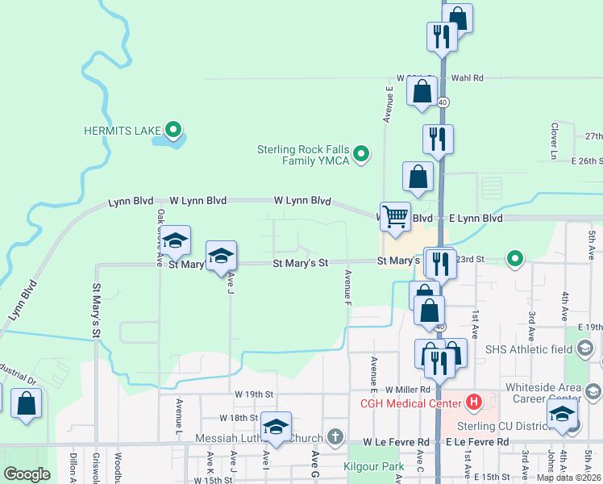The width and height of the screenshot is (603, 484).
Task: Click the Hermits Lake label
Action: (122, 130)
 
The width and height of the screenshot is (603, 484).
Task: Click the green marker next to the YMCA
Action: (362, 152)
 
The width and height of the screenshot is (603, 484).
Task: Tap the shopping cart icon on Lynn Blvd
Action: (395, 217)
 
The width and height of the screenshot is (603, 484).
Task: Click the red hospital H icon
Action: (473, 401)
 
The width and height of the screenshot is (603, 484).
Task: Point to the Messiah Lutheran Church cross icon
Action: (335, 437)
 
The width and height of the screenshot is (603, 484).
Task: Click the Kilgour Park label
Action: (373, 467)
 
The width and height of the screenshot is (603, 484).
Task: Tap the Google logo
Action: (27, 474)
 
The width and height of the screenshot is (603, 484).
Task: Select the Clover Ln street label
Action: (555, 140)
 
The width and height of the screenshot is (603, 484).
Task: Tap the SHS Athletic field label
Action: (530, 349)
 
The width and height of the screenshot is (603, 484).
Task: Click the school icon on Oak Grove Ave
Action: (175, 240)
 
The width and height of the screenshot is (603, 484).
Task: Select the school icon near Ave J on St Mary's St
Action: (221, 257)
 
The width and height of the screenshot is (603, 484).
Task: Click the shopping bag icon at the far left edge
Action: (27, 403)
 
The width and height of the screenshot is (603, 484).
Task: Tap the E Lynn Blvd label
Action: (476, 219)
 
